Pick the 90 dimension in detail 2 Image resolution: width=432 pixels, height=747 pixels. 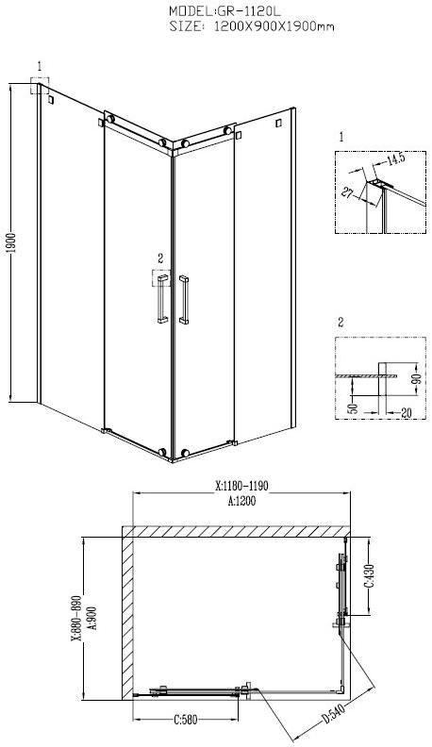coord(416,378)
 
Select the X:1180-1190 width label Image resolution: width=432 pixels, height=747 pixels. coord(242,487)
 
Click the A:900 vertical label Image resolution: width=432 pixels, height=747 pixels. coord(91,622)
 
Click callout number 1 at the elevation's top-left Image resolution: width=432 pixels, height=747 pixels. coord(39,65)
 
